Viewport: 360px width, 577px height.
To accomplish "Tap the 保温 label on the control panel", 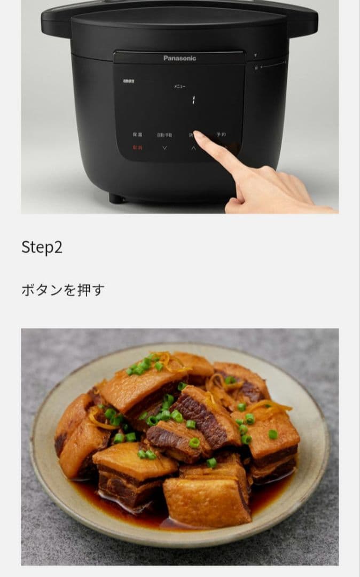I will click(x=137, y=135).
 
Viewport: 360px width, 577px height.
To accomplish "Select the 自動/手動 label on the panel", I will click(x=165, y=135).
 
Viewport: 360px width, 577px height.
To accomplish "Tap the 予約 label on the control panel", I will click(x=221, y=135).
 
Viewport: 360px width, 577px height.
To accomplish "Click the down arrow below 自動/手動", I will click(x=165, y=147).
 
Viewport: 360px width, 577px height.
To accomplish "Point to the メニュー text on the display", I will click(x=179, y=86).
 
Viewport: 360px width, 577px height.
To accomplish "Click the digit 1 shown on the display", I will click(x=193, y=99).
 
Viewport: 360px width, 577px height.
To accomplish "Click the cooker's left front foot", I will click(x=116, y=198).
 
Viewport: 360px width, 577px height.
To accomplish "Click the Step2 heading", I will click(x=42, y=247).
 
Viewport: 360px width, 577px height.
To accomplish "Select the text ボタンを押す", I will click(x=62, y=290).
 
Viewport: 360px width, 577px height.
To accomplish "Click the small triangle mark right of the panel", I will click(x=255, y=55).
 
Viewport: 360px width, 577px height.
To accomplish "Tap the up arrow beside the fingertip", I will click(x=193, y=148).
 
